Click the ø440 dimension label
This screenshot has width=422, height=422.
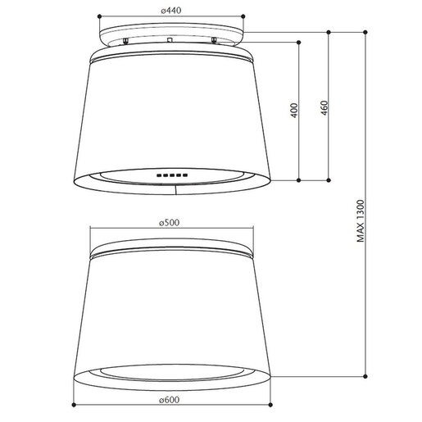(x=171, y=11)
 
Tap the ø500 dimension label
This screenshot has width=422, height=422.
(x=170, y=223)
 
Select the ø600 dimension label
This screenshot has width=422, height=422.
(x=170, y=400)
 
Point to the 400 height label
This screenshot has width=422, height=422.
(x=294, y=111)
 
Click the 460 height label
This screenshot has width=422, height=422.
(x=324, y=108)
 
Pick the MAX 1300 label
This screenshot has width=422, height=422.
(x=361, y=221)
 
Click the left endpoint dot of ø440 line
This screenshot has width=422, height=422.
(x=99, y=16)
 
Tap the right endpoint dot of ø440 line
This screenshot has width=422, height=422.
(x=243, y=16)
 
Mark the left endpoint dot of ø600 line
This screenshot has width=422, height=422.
(x=74, y=405)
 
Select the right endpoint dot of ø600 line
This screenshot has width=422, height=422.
(x=270, y=405)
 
